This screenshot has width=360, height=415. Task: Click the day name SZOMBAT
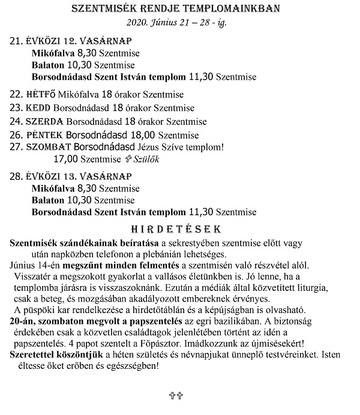(x=49, y=147)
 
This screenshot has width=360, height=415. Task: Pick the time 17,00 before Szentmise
(x=65, y=160)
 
